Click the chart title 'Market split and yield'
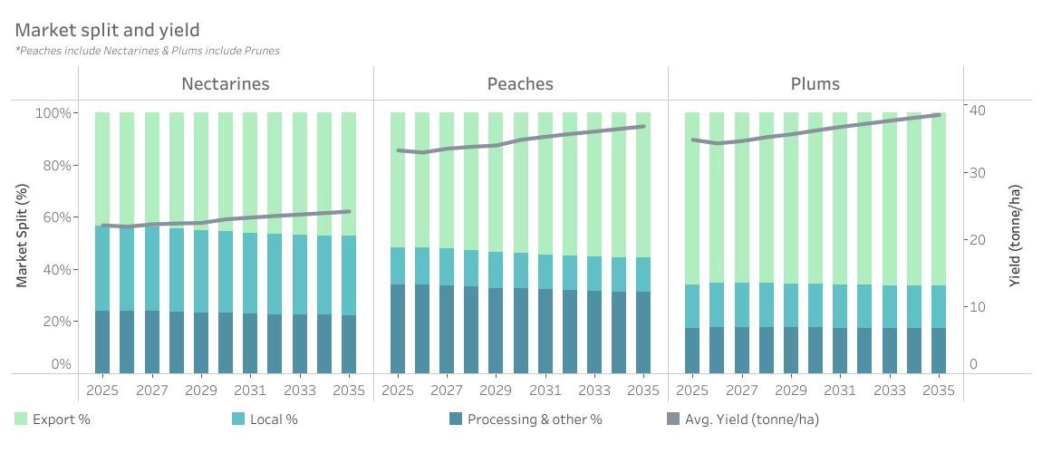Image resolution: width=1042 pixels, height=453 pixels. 107,32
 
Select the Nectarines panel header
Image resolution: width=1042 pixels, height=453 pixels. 226,84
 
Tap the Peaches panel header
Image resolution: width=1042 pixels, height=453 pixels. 520,84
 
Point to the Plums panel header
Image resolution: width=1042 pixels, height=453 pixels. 815,84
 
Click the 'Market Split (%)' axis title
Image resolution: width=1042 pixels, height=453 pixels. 22,234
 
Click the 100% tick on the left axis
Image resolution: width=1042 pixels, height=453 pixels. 53,113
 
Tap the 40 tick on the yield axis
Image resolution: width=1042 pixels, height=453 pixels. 979,111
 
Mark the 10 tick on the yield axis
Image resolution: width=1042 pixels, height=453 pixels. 979,307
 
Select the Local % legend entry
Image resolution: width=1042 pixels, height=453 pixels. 265,419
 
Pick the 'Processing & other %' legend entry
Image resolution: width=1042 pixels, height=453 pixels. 526,419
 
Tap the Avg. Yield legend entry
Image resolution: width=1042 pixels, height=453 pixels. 743,419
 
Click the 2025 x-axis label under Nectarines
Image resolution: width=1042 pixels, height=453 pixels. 102,390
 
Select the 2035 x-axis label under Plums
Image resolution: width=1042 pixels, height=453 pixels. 939,390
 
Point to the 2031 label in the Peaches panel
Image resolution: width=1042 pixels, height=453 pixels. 545,390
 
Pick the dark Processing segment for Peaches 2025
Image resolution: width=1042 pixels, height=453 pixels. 398,328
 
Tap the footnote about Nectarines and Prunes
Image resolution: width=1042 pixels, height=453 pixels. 148,51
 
